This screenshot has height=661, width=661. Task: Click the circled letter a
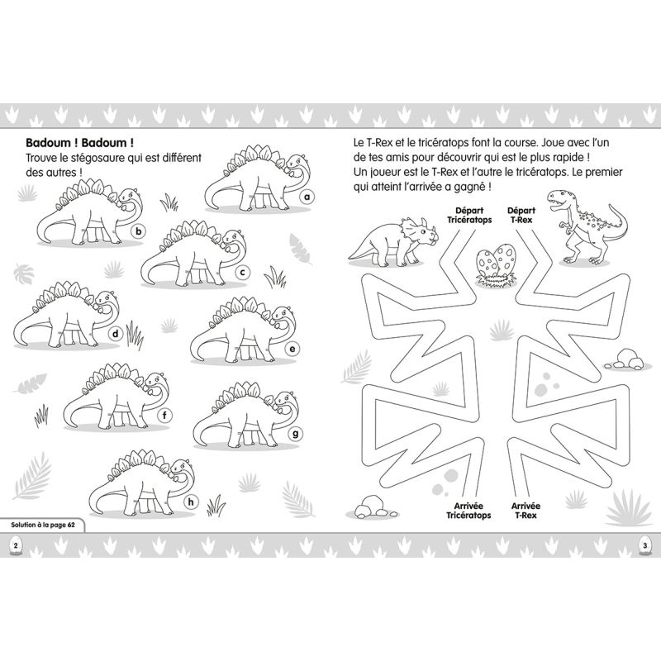[x=307, y=197]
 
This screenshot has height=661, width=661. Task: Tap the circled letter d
[x=115, y=335]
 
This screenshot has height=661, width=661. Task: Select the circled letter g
[x=295, y=433]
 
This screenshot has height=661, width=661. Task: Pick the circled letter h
[x=191, y=502]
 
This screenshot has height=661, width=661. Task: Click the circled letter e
[x=292, y=349]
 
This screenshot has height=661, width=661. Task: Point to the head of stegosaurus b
[x=129, y=198]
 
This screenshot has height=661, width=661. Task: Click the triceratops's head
[x=421, y=232]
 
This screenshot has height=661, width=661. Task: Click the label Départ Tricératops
[x=469, y=215]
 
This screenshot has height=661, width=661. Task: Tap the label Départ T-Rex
[x=521, y=215]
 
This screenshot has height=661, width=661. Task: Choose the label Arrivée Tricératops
[x=468, y=511]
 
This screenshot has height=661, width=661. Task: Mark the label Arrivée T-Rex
[x=525, y=511]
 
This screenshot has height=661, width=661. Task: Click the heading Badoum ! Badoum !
[x=80, y=142]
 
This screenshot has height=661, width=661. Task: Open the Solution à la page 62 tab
[x=43, y=525]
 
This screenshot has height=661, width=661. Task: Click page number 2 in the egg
[x=16, y=545]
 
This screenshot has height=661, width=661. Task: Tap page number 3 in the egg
[x=644, y=545]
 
